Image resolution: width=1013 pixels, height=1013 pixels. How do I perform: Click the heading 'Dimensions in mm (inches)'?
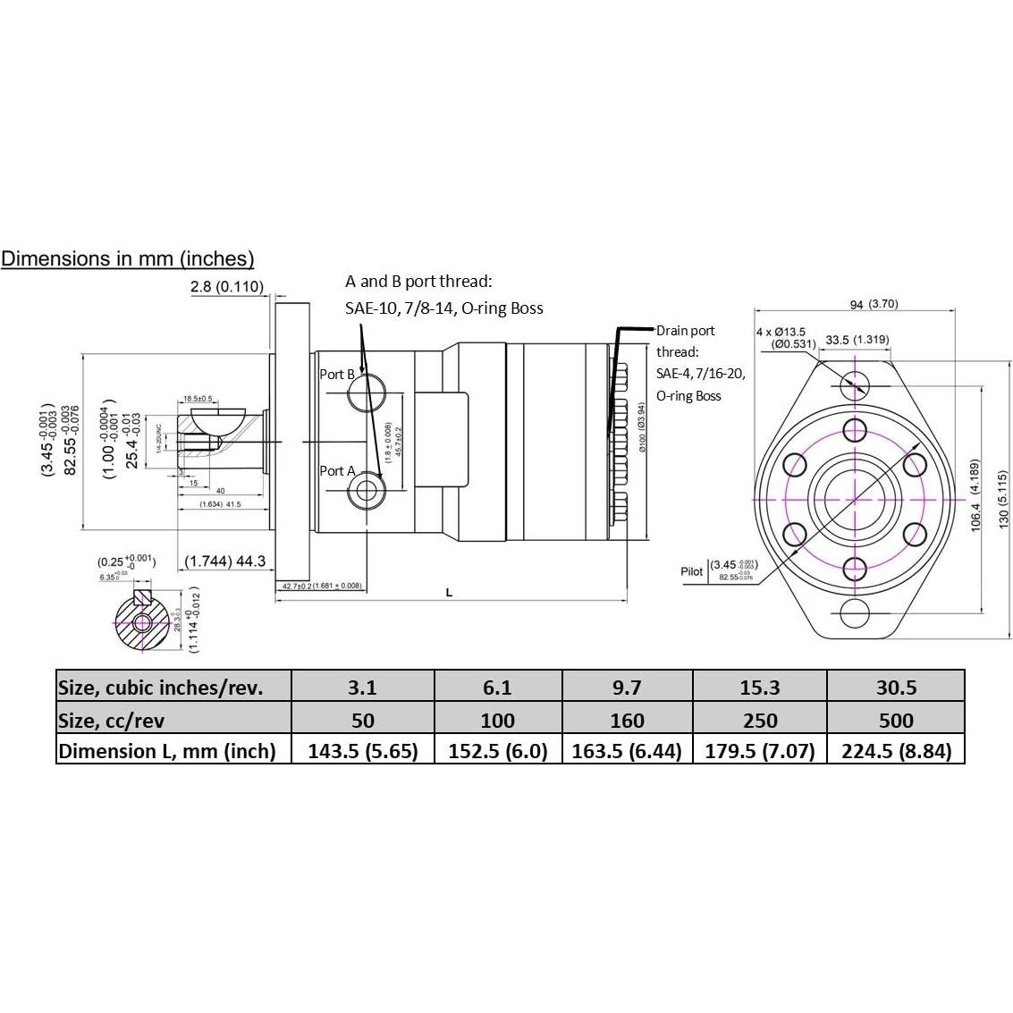point(128,259)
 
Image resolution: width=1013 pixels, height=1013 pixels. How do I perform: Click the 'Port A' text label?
point(338,471)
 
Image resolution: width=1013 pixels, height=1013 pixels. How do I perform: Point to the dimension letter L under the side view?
point(449,592)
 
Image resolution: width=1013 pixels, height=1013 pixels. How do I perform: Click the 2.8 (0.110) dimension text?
point(227,287)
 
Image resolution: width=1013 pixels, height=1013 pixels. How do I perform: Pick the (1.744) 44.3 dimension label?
point(225,561)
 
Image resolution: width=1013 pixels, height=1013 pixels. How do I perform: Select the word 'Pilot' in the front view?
point(692,571)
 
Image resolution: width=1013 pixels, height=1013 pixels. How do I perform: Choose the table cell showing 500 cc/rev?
point(896,720)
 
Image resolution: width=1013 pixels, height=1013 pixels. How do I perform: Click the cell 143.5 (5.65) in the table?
point(363,751)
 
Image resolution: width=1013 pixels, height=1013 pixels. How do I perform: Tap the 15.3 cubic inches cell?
point(759,688)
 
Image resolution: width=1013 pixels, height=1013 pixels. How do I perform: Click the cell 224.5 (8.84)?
point(896,751)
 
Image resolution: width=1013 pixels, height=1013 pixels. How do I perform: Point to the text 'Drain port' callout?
point(685,331)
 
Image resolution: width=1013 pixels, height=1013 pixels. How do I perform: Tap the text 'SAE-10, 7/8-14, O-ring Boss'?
point(444,308)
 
